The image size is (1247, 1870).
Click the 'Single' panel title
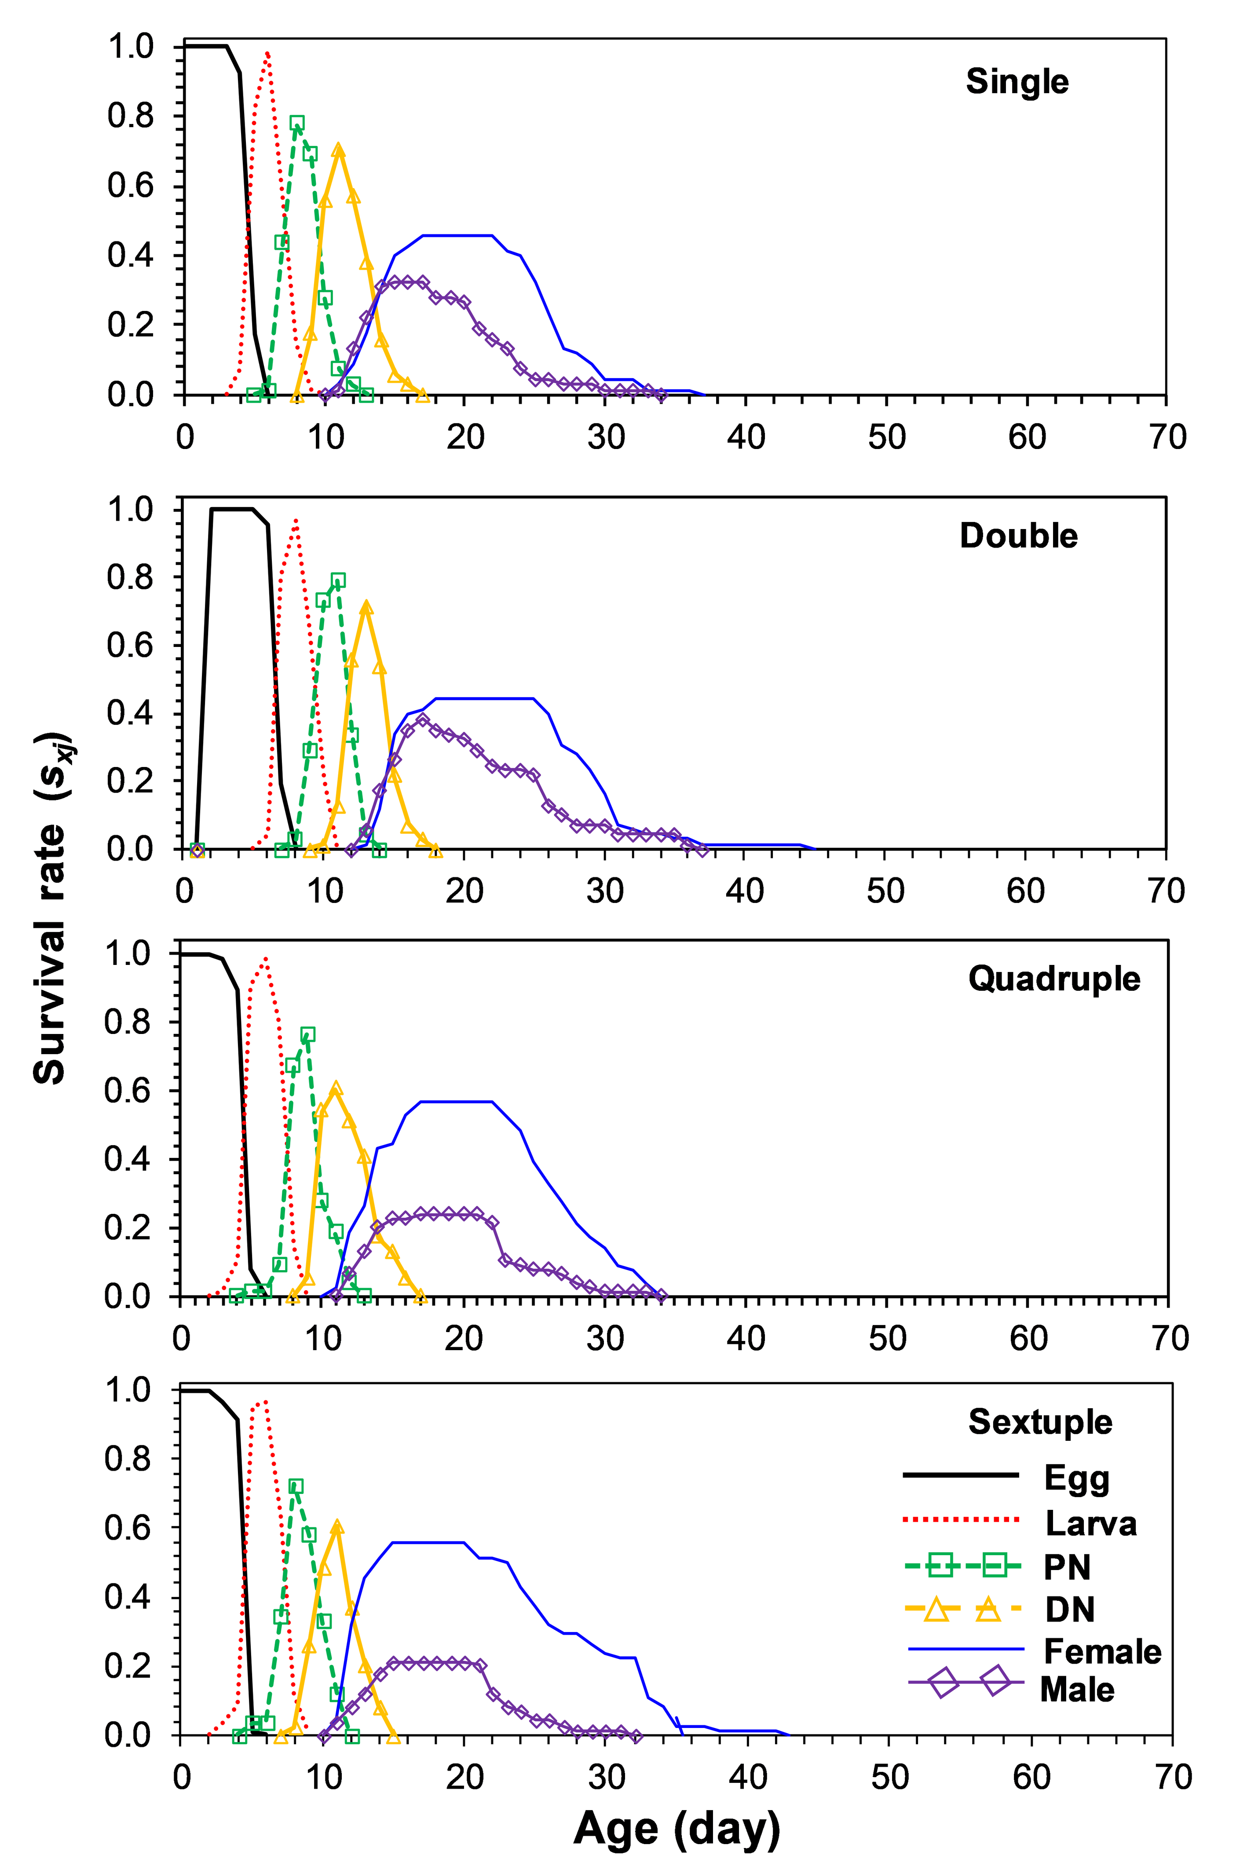(1017, 82)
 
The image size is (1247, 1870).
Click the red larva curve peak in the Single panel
(267, 53)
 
